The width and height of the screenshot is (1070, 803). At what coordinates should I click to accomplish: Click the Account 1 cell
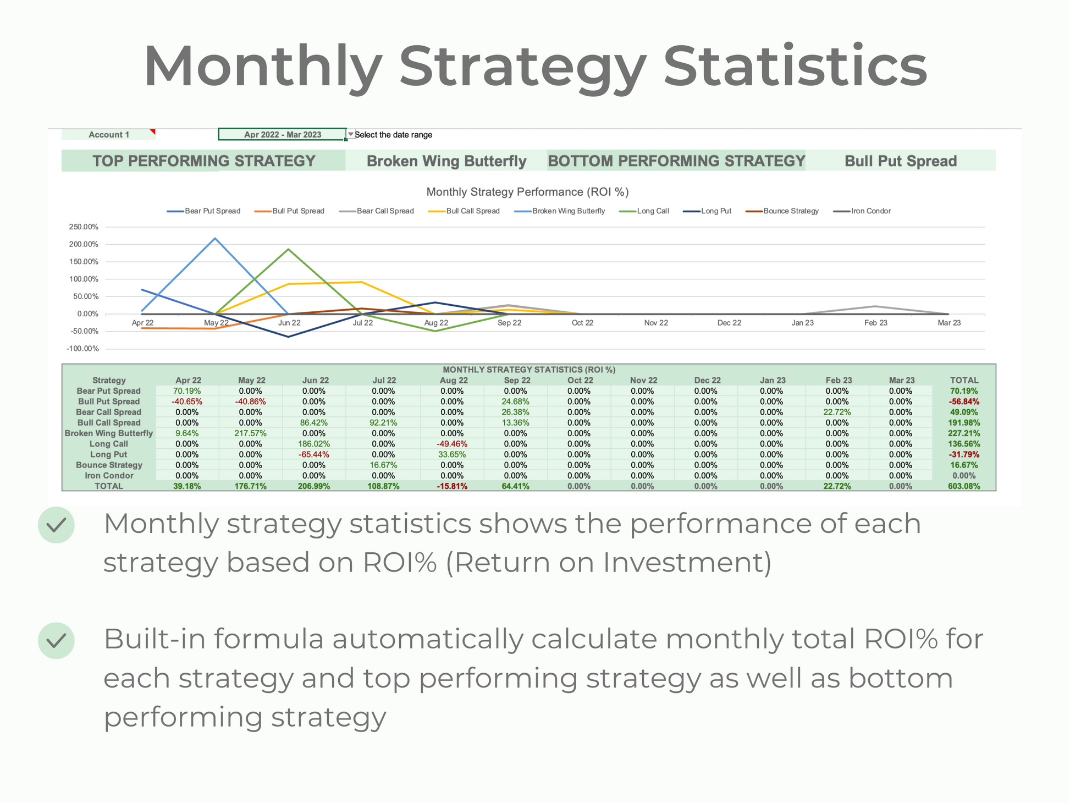click(109, 135)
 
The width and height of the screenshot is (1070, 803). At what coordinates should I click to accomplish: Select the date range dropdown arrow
click(351, 134)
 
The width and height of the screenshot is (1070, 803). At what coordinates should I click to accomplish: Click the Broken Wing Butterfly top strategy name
click(446, 161)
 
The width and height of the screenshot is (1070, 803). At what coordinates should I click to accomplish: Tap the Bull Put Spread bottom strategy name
click(900, 161)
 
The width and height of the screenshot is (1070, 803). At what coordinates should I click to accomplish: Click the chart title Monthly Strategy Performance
click(527, 192)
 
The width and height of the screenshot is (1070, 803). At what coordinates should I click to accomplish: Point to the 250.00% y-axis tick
click(84, 227)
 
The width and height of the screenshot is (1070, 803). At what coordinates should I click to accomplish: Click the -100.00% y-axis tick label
click(83, 349)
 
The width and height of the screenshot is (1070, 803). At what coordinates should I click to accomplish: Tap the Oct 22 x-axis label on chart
click(582, 323)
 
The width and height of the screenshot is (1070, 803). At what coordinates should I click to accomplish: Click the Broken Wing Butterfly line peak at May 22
click(215, 238)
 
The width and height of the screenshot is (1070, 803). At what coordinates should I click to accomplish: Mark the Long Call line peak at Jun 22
click(289, 249)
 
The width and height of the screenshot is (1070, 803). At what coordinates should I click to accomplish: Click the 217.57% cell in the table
click(251, 433)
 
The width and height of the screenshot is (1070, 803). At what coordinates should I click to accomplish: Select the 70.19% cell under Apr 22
click(187, 391)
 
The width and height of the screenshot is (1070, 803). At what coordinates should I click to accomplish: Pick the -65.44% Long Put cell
click(314, 454)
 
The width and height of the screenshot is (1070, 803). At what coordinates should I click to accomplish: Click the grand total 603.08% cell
click(964, 486)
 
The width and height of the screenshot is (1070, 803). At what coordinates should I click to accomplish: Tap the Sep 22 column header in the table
click(517, 381)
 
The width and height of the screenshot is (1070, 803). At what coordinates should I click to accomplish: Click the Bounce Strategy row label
click(109, 465)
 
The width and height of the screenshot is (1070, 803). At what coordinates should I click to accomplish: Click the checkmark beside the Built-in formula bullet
click(56, 640)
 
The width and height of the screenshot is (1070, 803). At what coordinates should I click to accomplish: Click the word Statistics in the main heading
click(795, 67)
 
